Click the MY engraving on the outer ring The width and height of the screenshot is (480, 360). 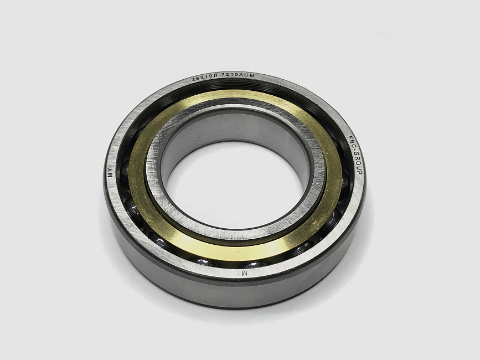point(111,173)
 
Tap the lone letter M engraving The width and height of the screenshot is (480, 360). point(244,274)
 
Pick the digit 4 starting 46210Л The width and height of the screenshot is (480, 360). point(193,80)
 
